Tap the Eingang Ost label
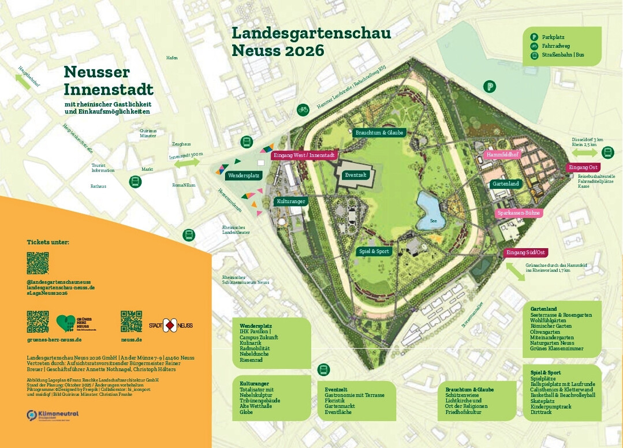[x=583, y=167]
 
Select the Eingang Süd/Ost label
[x=525, y=252]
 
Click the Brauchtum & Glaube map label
[x=379, y=132]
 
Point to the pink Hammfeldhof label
[x=502, y=155]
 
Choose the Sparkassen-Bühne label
[x=518, y=212]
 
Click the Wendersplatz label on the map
[x=244, y=175]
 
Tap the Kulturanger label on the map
[x=290, y=201]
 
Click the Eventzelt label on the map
[x=355, y=174]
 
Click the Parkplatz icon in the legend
[x=534, y=37]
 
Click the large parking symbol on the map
[x=489, y=87]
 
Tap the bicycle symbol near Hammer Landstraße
[x=303, y=109]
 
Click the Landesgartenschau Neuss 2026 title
[x=311, y=42]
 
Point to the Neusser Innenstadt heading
[x=109, y=81]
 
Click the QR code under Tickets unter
[x=38, y=263]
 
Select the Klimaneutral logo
[x=53, y=415]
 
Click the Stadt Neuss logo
[x=171, y=326]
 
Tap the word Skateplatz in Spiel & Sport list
[x=543, y=401]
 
